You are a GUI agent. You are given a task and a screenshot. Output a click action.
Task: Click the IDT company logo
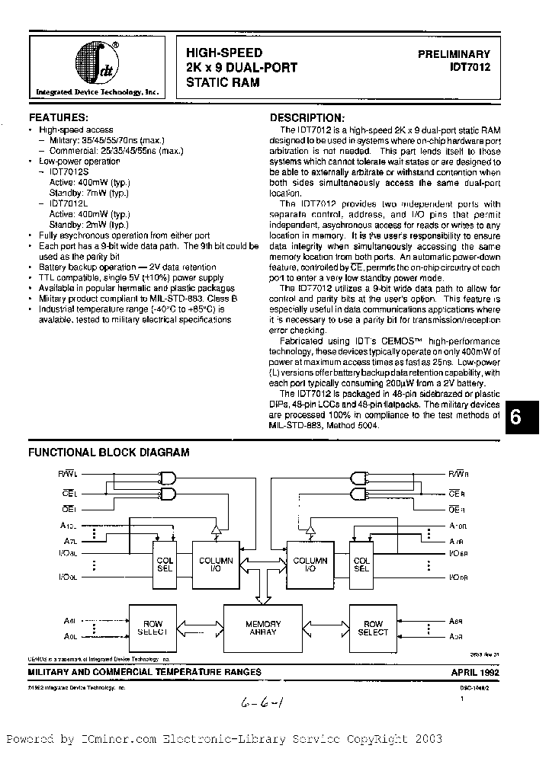(98, 63)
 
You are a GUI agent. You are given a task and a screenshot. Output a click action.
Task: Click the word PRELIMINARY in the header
(454, 55)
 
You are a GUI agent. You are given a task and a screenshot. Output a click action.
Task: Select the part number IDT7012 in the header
(470, 68)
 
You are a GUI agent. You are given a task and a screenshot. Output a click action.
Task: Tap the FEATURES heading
(59, 118)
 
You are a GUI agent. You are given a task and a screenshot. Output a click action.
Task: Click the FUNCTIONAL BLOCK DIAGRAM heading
(108, 452)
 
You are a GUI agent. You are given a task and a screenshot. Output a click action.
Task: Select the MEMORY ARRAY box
(263, 628)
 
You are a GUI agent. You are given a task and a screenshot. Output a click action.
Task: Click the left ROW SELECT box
(152, 628)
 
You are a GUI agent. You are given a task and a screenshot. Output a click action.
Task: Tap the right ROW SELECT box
(373, 628)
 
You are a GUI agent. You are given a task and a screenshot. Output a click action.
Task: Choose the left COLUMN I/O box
(215, 565)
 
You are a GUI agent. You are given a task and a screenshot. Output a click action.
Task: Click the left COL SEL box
(165, 565)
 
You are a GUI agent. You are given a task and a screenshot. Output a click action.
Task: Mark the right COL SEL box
(361, 565)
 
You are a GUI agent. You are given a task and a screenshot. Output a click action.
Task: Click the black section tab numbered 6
(515, 418)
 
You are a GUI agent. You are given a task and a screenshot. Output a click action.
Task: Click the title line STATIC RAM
(222, 82)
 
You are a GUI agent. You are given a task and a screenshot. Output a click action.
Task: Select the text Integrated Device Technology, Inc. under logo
(98, 91)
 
